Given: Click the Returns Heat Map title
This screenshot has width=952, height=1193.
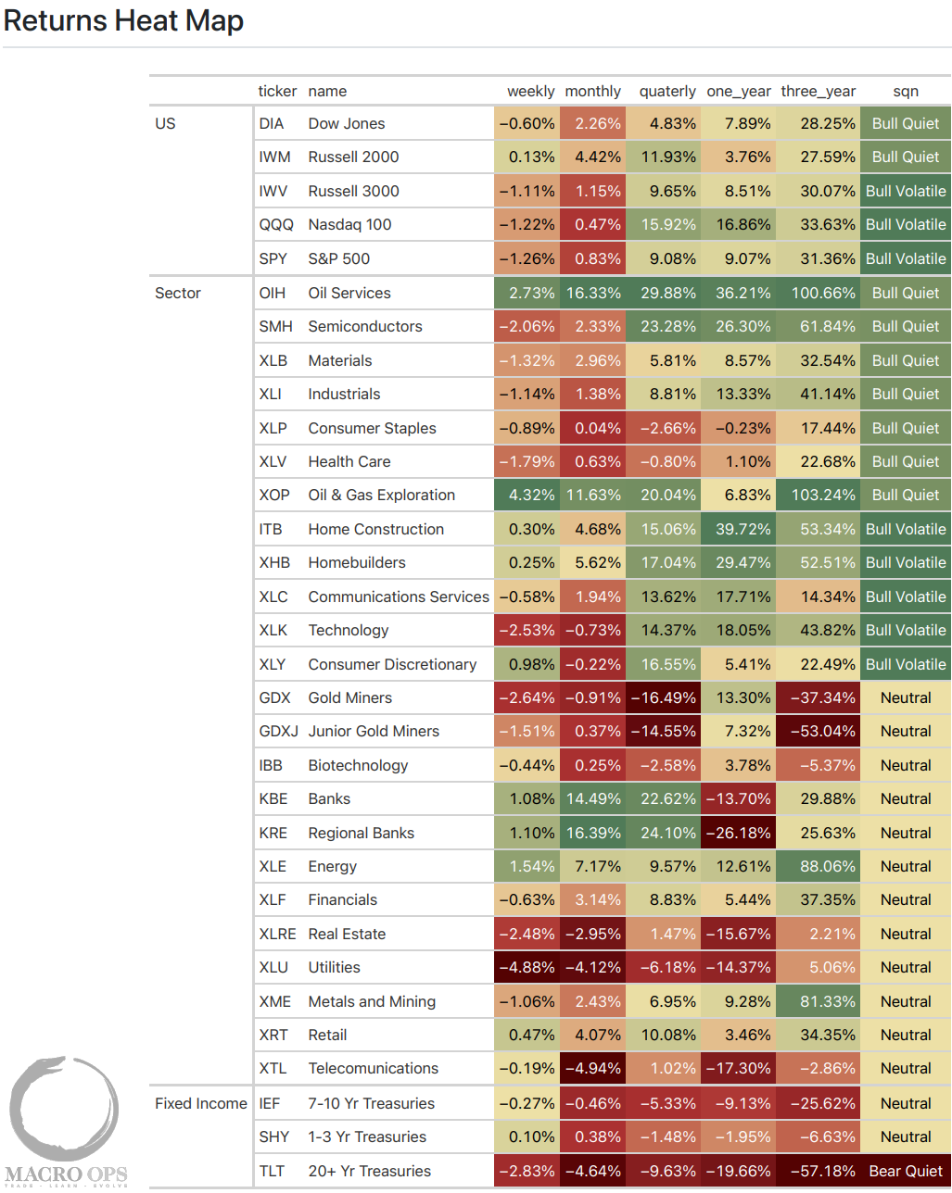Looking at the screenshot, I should click(x=123, y=20).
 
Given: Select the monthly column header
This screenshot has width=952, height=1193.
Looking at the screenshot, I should click(x=592, y=91).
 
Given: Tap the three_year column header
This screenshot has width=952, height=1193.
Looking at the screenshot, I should click(x=818, y=91).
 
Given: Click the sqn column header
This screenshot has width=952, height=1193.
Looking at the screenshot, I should click(x=905, y=91).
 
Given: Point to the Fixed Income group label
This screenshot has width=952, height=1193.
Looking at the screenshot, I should click(x=200, y=1103).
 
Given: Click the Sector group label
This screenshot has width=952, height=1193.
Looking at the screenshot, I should click(x=178, y=293).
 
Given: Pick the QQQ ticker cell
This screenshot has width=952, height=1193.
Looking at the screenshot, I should click(x=275, y=224).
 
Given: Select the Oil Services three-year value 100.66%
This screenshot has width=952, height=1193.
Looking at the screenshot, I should click(x=822, y=293).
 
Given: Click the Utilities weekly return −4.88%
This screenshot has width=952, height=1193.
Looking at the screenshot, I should click(x=527, y=967).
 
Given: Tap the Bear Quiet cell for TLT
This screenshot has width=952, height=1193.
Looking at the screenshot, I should click(x=905, y=1171).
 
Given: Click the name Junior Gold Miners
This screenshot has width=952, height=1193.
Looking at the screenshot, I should click(x=374, y=731).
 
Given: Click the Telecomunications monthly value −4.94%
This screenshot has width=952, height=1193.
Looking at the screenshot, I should click(x=592, y=1068).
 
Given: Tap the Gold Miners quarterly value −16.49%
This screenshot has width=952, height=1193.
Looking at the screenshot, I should click(x=663, y=697).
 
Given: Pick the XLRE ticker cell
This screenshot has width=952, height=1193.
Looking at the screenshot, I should click(x=277, y=934).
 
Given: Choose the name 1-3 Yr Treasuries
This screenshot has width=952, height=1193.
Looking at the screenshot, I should click(x=367, y=1136).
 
